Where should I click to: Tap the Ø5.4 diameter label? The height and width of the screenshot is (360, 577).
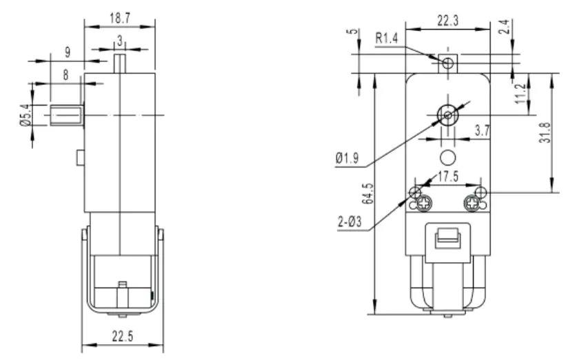click(x=26, y=114)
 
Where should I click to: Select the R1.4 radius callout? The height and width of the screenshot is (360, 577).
click(x=387, y=39)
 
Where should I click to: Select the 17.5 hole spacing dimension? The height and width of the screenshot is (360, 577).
click(x=447, y=177)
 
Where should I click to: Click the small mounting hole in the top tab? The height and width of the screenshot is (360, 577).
click(x=447, y=64)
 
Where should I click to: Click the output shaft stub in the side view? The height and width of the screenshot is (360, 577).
click(x=65, y=114)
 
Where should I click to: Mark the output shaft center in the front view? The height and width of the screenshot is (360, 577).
click(x=447, y=114)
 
